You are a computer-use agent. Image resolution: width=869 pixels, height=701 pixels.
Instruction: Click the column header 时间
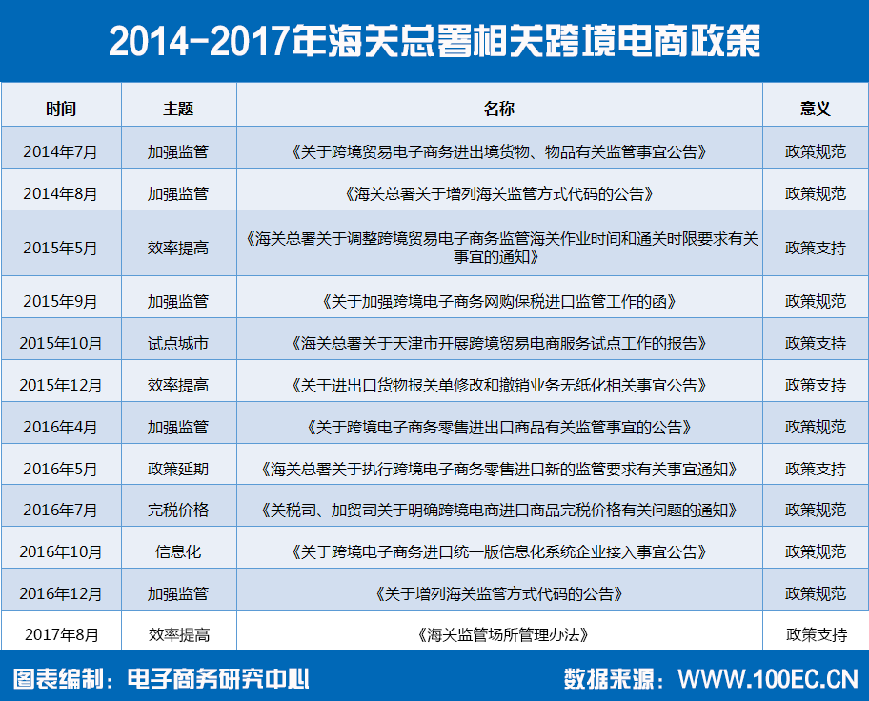click(61, 109)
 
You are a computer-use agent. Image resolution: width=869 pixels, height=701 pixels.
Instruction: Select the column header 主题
click(178, 109)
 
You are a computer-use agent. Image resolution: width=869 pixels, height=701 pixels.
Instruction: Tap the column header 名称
click(499, 109)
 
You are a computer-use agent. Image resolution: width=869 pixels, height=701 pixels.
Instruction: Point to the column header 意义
click(816, 109)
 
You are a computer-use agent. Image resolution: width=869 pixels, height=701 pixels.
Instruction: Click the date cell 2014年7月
click(60, 151)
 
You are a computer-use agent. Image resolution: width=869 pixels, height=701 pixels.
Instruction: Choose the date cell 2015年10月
click(60, 344)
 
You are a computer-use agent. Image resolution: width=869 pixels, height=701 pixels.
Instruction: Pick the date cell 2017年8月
click(62, 635)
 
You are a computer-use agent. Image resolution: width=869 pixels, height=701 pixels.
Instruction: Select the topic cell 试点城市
click(178, 344)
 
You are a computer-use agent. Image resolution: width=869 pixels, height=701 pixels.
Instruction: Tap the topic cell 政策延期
click(178, 469)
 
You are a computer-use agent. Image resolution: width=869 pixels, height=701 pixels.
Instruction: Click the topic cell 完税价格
click(178, 510)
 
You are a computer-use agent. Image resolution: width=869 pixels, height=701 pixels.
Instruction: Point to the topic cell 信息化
click(178, 551)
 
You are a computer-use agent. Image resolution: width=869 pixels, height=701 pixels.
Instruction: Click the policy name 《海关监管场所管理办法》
click(502, 635)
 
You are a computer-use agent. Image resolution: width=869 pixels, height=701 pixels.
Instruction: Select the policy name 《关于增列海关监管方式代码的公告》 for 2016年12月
click(499, 594)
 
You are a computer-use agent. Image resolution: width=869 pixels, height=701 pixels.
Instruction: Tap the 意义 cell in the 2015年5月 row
click(816, 248)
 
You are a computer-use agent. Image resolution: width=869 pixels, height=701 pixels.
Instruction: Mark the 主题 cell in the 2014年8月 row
click(178, 194)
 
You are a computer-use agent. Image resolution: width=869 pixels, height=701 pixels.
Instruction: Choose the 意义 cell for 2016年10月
click(816, 551)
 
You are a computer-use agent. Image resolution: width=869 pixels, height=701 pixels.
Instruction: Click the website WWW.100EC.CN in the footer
click(768, 679)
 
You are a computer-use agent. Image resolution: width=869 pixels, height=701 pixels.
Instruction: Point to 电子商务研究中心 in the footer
click(218, 679)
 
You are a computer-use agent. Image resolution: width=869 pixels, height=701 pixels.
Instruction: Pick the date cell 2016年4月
click(60, 428)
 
